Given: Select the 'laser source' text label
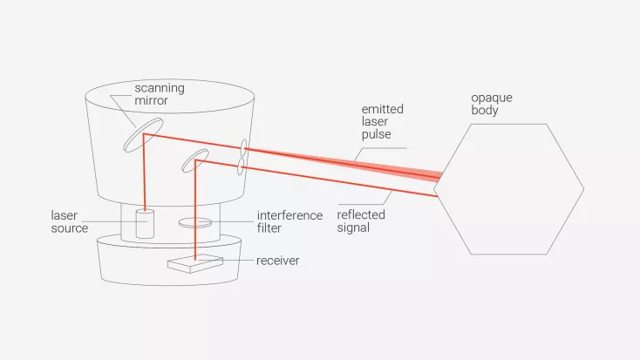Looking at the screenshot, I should point(70,222).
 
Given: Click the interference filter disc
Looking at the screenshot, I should point(199,223).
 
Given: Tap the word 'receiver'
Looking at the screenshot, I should point(278,261).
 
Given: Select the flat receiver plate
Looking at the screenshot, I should point(197,262).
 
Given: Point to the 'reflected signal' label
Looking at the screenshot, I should point(361,221).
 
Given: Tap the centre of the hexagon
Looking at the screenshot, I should point(509,189).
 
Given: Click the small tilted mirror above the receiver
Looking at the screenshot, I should point(194,160).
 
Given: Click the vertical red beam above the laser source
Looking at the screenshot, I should point(143,174).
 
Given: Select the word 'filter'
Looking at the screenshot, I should point(270,228).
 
